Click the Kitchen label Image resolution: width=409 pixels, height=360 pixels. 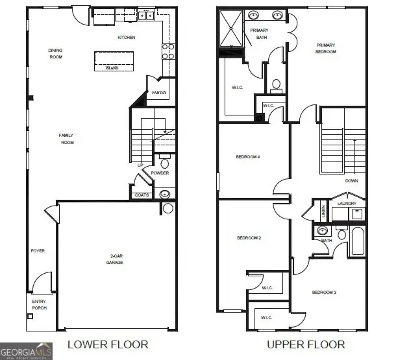[x=126, y=38]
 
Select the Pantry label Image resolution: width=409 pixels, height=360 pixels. [x=159, y=93]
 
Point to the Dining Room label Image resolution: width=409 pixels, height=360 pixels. [x=55, y=53]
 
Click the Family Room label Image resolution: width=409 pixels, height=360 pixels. [x=67, y=139]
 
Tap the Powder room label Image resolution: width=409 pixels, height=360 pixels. [x=160, y=173]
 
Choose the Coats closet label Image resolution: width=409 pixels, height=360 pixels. [x=142, y=195]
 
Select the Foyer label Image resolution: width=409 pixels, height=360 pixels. [x=38, y=250]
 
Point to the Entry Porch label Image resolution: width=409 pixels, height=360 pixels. [x=39, y=304]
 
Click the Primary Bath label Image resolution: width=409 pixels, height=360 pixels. [x=258, y=34]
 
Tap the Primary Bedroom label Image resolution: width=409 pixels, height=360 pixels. [x=326, y=48]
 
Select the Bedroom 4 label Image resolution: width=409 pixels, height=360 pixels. [x=249, y=157]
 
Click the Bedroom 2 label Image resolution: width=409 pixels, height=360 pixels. [x=249, y=238]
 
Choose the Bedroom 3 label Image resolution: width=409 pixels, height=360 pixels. [x=324, y=293]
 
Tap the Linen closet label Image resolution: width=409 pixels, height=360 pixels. [x=323, y=211]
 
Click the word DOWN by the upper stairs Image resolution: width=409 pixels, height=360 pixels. [x=351, y=181]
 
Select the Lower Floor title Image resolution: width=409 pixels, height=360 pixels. [x=108, y=344]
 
